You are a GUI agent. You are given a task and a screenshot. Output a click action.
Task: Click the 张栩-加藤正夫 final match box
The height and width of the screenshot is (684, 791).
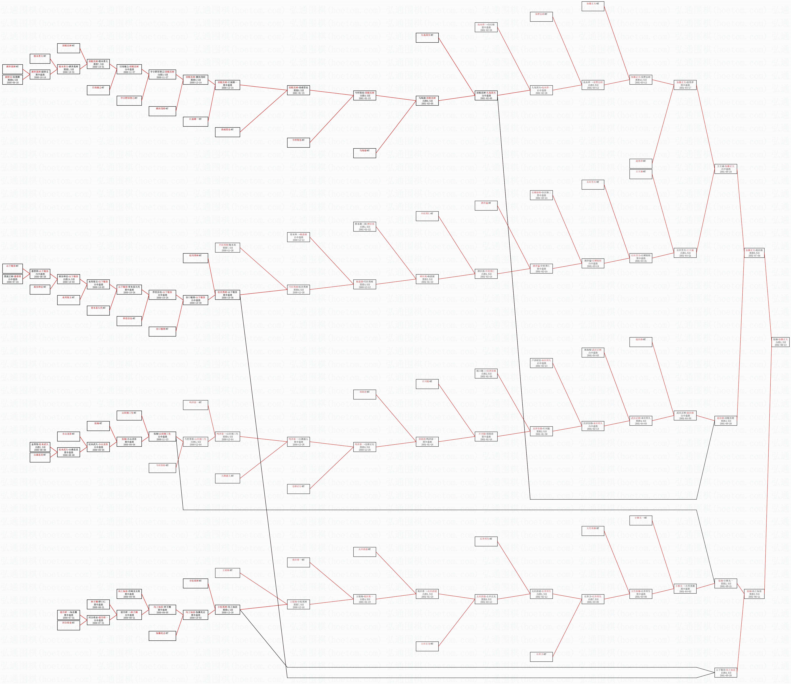click(780, 342)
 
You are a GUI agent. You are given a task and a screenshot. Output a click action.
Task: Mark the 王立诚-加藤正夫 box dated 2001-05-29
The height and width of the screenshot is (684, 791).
click(725, 169)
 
